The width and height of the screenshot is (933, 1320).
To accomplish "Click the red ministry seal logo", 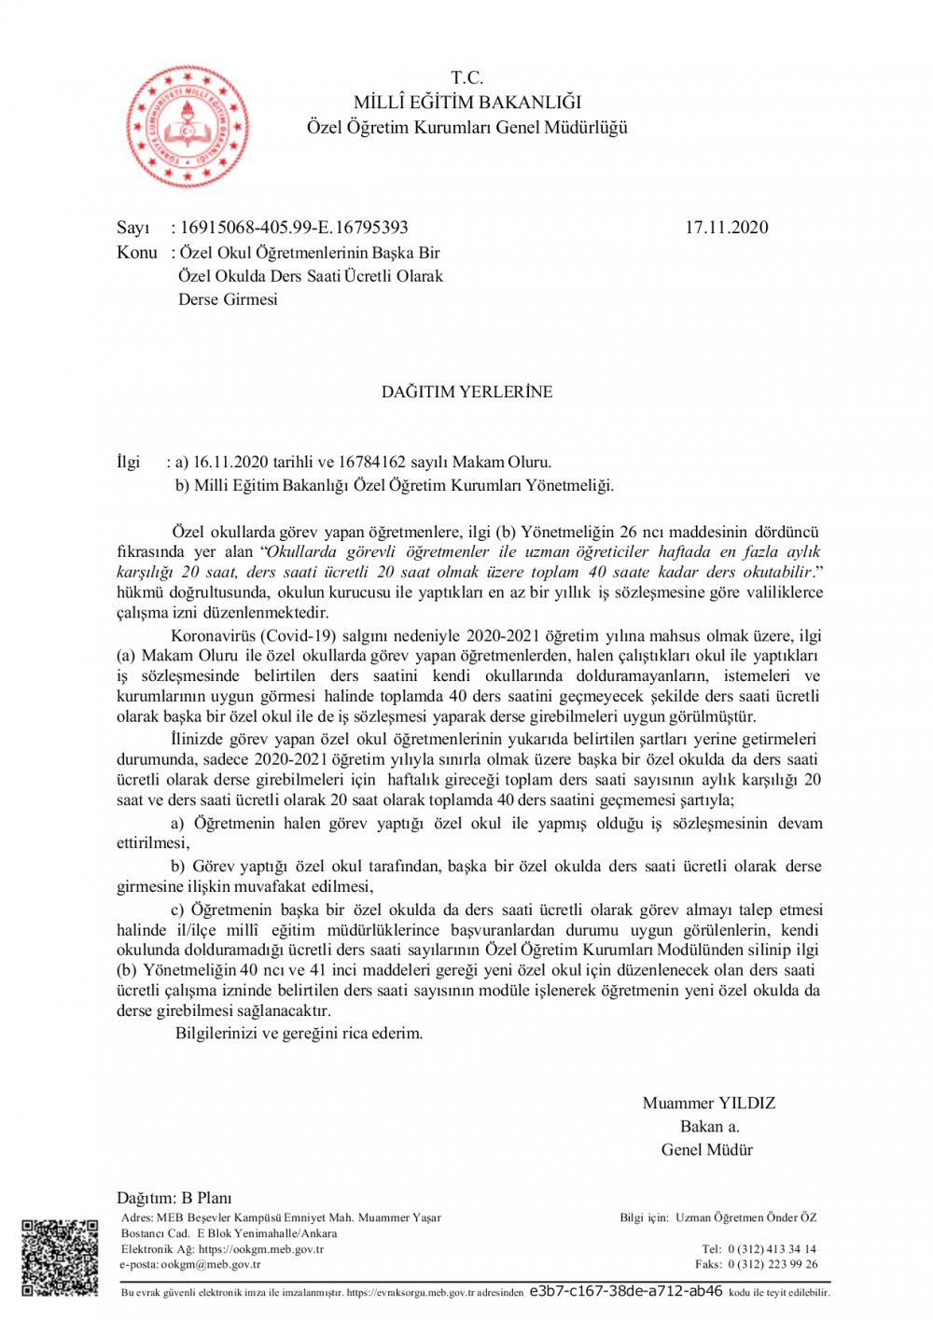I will [188, 127].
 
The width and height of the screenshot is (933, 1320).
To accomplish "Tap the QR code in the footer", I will [59, 1257].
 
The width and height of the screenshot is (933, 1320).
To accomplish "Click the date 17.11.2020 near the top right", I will [726, 228].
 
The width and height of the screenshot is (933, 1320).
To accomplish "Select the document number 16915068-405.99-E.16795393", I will [294, 228].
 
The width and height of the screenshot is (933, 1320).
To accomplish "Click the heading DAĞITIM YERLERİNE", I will [466, 392].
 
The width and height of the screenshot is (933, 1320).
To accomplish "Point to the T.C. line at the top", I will [466, 77].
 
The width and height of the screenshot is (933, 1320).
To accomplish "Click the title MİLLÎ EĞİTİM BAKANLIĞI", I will [466, 103].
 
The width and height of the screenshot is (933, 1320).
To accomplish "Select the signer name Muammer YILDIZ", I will [709, 1103].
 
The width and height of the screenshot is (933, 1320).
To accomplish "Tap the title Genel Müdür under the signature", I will [707, 1149].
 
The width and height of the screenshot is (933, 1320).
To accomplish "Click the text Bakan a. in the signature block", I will [709, 1126].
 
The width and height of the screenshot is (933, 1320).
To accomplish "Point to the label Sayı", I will [132, 228].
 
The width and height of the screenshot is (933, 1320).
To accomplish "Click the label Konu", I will [136, 253].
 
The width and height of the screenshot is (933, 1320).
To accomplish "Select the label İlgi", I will [128, 462].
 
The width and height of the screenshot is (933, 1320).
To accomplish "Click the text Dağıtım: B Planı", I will [174, 1198].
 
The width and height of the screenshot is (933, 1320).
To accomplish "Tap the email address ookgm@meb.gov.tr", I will [211, 1264].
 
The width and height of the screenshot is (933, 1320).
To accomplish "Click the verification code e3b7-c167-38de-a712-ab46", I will [625, 1291].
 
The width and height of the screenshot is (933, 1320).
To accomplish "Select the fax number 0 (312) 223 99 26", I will [773, 1264].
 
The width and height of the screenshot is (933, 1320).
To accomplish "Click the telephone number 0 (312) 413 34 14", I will [772, 1248].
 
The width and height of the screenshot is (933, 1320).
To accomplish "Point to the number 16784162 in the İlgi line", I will [371, 462].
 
